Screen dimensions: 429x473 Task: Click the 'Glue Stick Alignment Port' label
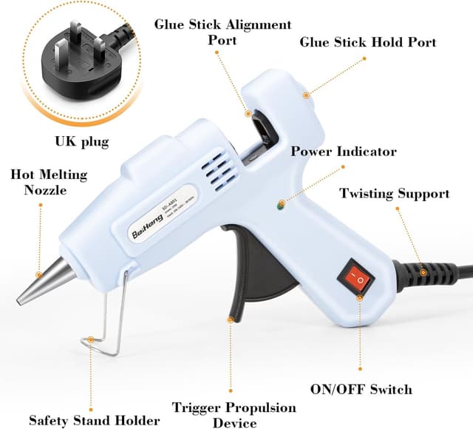(x=222, y=32)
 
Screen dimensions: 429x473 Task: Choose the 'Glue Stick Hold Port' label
(x=367, y=42)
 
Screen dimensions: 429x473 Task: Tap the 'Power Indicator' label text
(x=343, y=152)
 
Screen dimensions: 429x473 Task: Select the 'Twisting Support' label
(x=394, y=194)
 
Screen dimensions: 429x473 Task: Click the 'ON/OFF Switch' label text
(x=360, y=389)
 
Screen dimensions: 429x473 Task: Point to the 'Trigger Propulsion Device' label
(x=234, y=415)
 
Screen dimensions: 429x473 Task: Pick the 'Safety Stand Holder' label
(x=94, y=420)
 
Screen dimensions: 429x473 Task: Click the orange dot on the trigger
(x=231, y=320)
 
